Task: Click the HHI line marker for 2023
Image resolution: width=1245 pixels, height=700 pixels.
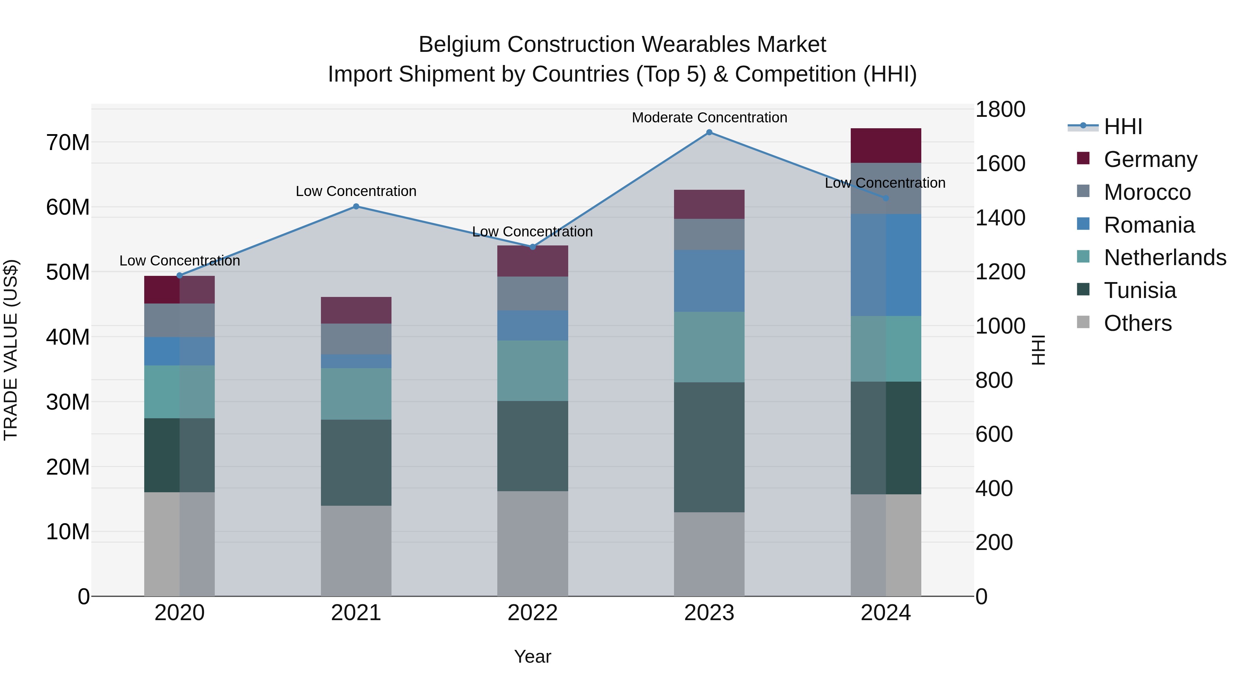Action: coord(709,132)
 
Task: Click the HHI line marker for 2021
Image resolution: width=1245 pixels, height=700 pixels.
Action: coord(356,206)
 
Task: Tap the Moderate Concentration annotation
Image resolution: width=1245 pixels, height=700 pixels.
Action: coord(709,118)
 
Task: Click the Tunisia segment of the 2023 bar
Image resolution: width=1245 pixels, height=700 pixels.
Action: coord(709,447)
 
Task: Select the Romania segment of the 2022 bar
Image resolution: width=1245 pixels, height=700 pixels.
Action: coord(533,325)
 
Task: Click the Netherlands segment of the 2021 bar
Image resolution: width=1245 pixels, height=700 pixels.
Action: coord(356,394)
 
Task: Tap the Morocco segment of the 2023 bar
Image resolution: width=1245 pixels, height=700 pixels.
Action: coord(709,234)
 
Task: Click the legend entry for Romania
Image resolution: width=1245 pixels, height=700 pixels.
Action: coord(1149,225)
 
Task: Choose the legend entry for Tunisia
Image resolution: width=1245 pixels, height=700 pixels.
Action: coord(1140,290)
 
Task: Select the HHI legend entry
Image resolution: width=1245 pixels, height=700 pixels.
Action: coord(1123,127)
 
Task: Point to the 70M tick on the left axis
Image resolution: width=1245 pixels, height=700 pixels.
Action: coord(68,142)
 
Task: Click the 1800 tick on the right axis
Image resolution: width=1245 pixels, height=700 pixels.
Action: coord(999,109)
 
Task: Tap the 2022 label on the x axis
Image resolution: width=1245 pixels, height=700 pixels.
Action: coord(533,613)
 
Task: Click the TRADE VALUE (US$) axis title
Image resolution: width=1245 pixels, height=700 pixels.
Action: coord(11,350)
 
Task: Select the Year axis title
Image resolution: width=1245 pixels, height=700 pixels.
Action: coord(533,656)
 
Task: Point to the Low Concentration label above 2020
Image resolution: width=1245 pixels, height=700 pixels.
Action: coord(179,261)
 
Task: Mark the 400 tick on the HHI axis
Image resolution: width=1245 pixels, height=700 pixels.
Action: coord(994,488)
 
